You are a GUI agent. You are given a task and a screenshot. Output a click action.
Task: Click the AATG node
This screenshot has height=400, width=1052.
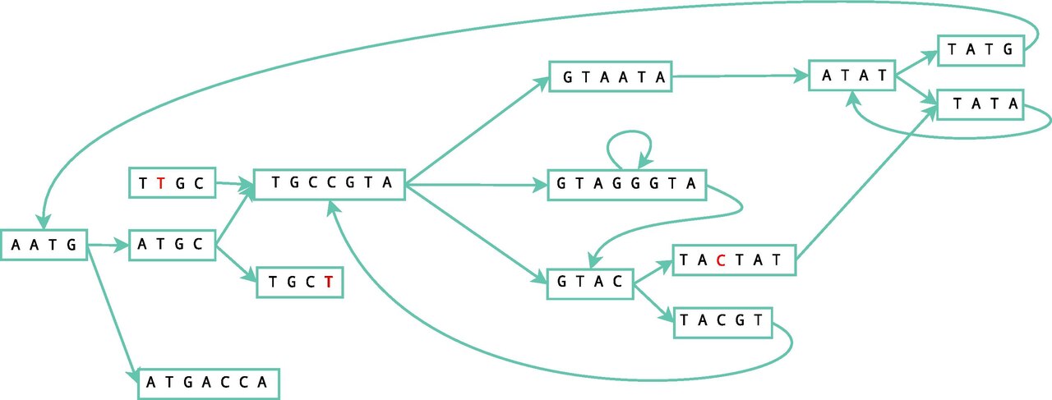(44, 245)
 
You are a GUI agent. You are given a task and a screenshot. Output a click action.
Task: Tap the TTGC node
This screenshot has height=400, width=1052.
(173, 182)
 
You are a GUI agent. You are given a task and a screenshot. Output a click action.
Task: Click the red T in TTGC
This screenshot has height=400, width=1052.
(161, 182)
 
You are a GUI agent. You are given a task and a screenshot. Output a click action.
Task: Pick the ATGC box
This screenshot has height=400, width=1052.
(173, 245)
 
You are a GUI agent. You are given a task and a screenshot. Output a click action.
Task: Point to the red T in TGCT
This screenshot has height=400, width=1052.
(329, 282)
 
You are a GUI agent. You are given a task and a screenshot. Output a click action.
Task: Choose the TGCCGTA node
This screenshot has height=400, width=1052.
(330, 185)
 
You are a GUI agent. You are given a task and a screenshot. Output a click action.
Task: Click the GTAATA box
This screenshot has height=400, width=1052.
(611, 76)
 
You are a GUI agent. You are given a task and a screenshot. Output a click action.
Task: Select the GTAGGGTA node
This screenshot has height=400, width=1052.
(627, 185)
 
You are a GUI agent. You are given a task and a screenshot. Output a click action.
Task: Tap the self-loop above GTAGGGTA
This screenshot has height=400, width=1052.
(629, 132)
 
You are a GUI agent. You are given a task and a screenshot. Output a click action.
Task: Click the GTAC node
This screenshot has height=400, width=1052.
(590, 283)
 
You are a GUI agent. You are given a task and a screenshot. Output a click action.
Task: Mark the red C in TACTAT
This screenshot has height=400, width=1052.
(722, 260)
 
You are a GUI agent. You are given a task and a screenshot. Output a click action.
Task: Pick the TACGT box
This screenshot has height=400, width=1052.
(723, 323)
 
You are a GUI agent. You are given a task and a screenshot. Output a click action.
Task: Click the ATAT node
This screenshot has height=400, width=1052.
(852, 75)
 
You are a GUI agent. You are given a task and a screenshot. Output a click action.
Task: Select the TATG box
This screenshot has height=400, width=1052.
(980, 50)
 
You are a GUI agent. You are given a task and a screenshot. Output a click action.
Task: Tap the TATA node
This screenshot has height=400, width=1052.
(980, 104)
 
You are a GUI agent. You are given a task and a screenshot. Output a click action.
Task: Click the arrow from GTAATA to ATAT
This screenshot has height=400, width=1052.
(741, 76)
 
